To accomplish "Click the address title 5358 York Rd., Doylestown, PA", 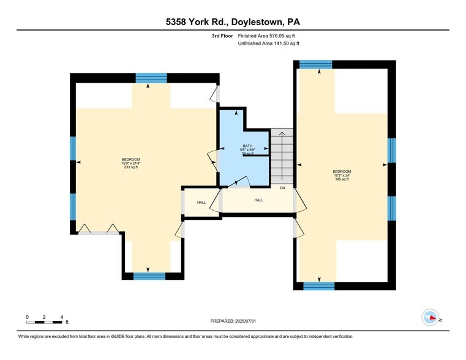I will pyautogui.click(x=233, y=22).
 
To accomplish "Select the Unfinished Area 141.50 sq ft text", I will pyautogui.click(x=268, y=43).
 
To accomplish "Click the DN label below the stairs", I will pyautogui.click(x=282, y=187).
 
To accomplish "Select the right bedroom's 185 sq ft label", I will pyautogui.click(x=342, y=179).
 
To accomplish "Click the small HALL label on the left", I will pyautogui.click(x=201, y=203).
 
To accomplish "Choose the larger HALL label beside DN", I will pyautogui.click(x=258, y=200).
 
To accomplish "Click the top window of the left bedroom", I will pyautogui.click(x=151, y=78).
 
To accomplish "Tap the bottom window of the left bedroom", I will pyautogui.click(x=149, y=276).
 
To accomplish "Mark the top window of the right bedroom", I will pyautogui.click(x=316, y=64).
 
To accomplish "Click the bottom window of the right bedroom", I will pyautogui.click(x=319, y=286).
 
